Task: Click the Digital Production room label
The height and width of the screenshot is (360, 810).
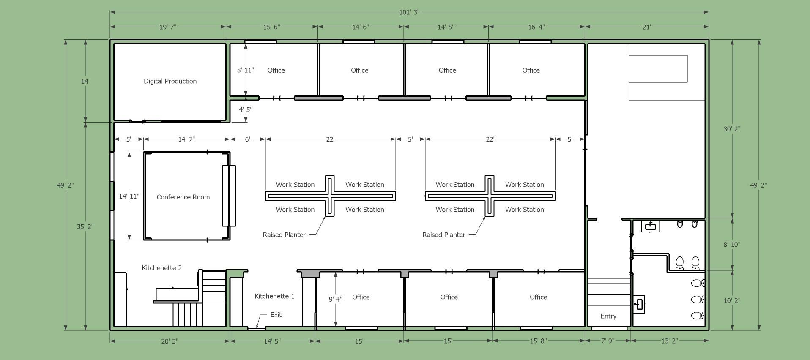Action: [x=170, y=81]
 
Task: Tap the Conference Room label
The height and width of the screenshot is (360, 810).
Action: [x=183, y=197]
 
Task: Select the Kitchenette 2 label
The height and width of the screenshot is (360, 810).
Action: [x=161, y=268]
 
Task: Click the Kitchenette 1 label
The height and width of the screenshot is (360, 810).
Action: [x=274, y=296]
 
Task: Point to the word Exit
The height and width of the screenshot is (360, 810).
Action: [x=276, y=315]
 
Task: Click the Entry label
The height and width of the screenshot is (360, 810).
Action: [x=608, y=316]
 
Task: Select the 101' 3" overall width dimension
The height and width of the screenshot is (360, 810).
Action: [x=409, y=12]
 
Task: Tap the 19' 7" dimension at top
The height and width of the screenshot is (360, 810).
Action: [x=167, y=27]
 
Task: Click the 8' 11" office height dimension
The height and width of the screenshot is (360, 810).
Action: [x=245, y=70]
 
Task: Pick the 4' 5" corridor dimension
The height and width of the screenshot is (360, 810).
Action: [x=246, y=109]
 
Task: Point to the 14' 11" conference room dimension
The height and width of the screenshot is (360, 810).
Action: [x=129, y=196]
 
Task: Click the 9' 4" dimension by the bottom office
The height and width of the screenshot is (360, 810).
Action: [x=335, y=299]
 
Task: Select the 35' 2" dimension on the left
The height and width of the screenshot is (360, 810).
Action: [x=85, y=226]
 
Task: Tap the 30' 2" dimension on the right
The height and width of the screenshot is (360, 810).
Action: [x=732, y=129]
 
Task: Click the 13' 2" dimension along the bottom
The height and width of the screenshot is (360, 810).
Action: [x=670, y=341]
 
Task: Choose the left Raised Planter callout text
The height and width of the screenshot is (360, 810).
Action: [x=284, y=235]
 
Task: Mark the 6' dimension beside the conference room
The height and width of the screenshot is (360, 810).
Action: [x=247, y=139]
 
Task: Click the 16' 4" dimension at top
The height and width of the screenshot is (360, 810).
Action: [x=536, y=27]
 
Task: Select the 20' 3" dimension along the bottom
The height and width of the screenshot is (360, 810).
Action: [x=170, y=341]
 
